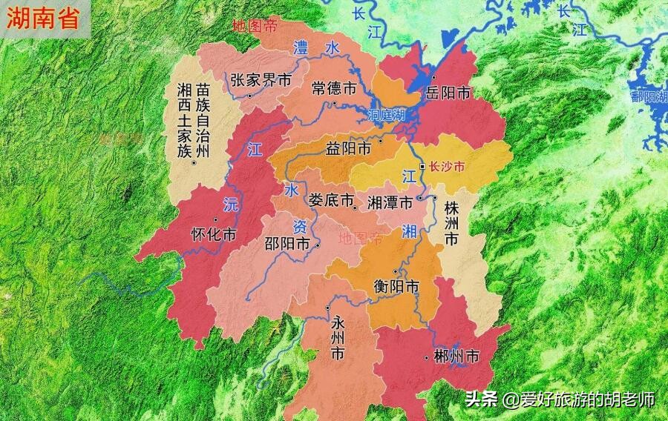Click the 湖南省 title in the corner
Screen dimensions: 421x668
[43, 19]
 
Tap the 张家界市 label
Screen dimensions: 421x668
[260, 80]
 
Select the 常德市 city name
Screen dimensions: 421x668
[334, 88]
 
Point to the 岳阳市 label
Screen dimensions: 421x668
[448, 93]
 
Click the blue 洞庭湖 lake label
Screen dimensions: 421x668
[387, 115]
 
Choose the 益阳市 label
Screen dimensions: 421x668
[348, 148]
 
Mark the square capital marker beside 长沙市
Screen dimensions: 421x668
[423, 168]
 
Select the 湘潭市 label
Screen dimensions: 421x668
[390, 202]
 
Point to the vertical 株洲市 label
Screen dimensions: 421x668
[452, 222]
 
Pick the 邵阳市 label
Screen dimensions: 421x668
[287, 243]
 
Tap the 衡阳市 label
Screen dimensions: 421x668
[396, 285]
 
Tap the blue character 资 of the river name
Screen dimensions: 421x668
[299, 226]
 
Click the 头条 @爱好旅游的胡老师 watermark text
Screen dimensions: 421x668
[560, 399]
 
